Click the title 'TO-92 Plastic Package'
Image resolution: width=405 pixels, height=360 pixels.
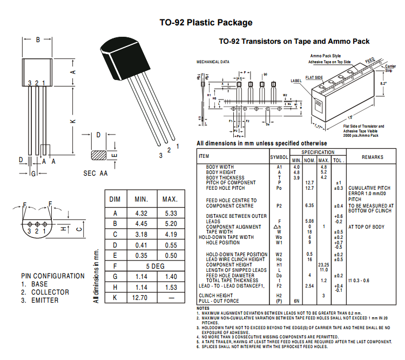point(206,23)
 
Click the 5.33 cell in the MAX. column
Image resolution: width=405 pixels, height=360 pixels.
point(170,214)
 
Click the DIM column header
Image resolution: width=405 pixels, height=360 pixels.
point(115,199)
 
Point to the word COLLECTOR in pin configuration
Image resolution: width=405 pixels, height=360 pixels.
point(50,292)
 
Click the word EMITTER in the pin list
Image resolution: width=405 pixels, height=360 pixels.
point(45,300)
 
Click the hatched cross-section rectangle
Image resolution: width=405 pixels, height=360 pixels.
point(99,155)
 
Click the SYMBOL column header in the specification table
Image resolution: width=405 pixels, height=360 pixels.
point(279,157)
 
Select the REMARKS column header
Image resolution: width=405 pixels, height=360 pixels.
point(372,157)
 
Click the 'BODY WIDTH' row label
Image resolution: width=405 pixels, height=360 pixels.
point(220,167)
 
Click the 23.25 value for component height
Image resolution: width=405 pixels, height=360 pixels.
point(324,265)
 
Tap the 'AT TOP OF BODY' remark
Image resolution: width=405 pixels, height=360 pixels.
point(367,227)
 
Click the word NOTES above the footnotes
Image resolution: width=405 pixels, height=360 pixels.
point(203,308)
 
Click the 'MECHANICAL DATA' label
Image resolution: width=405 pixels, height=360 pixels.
point(213,62)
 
